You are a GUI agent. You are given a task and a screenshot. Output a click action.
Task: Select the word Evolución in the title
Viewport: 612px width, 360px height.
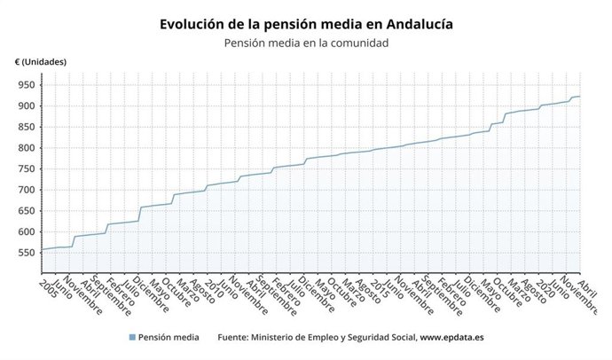pos(197,25)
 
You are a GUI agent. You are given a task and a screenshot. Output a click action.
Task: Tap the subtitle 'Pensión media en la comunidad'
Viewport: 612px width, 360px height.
pos(306,43)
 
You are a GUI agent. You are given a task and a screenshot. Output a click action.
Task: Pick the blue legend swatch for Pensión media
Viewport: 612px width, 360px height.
pos(132,338)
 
